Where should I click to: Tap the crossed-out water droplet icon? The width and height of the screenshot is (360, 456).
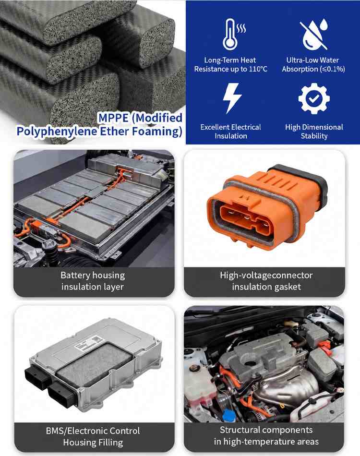click(314, 34)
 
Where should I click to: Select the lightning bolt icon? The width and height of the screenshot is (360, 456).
click(232, 98)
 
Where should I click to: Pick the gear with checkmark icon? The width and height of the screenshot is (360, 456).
click(314, 98)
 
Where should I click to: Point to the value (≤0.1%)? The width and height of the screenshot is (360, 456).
click(329, 69)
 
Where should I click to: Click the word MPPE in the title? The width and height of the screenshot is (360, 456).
click(113, 118)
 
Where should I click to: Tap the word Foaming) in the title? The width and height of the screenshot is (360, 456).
click(157, 132)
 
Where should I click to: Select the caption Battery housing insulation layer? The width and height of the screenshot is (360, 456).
click(93, 281)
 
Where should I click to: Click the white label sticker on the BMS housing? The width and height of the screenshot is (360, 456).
click(88, 342)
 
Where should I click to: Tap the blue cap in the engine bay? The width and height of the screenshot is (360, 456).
click(228, 415)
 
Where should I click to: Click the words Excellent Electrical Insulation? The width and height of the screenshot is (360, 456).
click(230, 132)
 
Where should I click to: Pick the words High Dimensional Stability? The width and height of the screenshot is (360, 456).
click(314, 132)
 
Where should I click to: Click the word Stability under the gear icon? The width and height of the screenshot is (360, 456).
click(314, 136)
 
